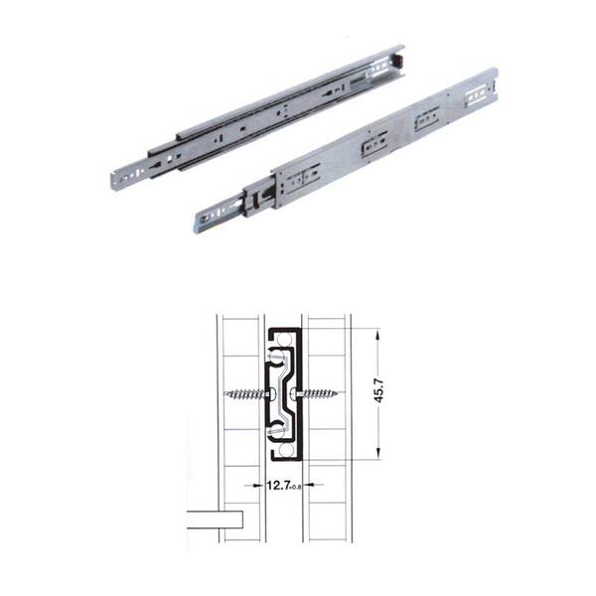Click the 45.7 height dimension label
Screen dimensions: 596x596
380,390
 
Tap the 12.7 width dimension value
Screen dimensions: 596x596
278,486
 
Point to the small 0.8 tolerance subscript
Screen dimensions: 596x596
296,488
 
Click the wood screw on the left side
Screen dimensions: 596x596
247,394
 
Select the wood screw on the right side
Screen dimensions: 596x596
315,393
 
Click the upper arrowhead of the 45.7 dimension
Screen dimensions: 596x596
377,336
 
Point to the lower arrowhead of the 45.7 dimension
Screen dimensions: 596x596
377,453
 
